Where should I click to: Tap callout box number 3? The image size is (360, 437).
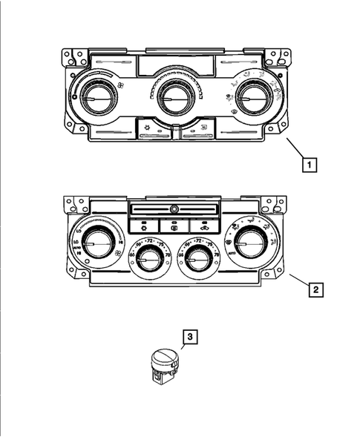tap(191, 338)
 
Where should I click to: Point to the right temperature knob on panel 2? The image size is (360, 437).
tap(197, 259)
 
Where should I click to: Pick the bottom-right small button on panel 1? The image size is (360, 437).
tap(196, 131)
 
